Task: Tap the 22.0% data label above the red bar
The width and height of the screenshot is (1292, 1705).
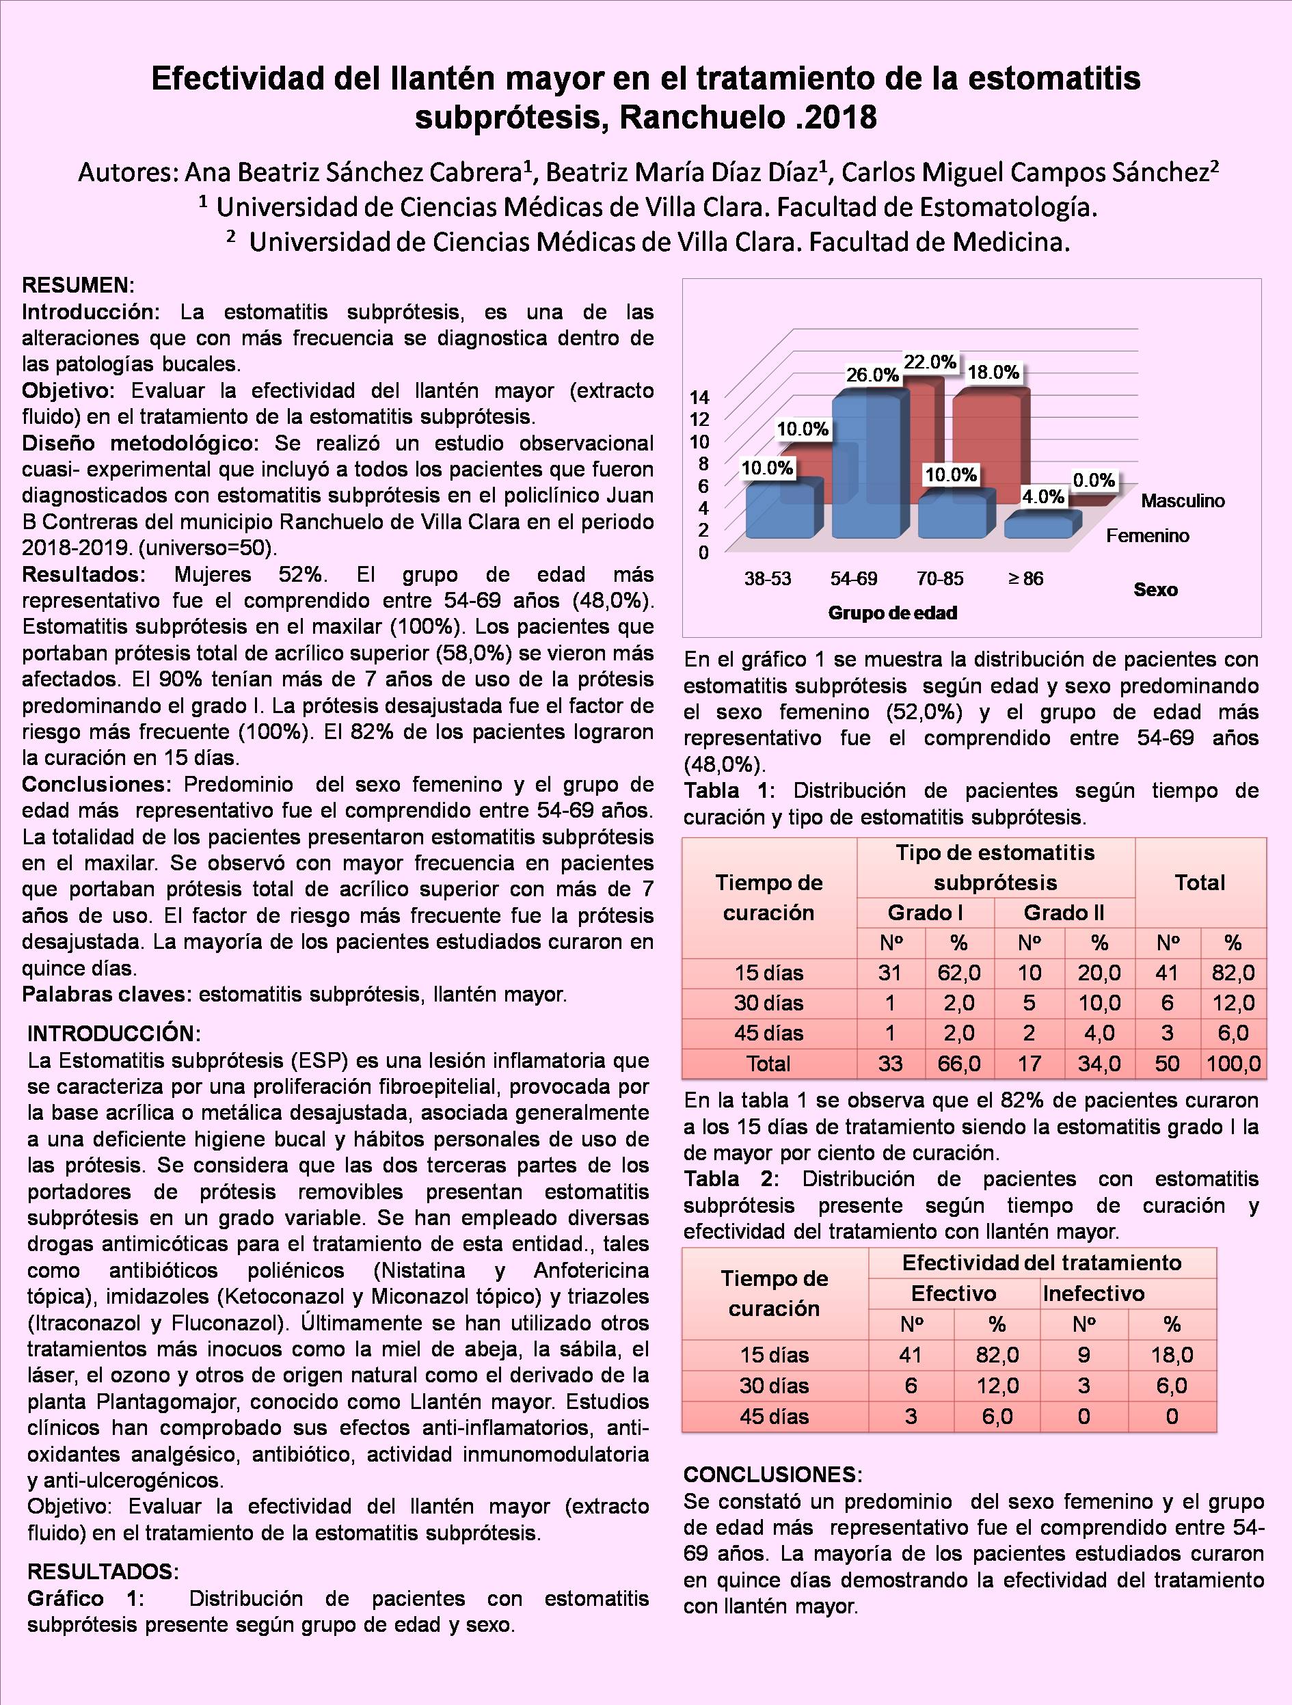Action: pos(930,362)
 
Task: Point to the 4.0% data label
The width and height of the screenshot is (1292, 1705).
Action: pos(1043,496)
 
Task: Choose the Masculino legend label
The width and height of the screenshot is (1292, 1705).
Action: pos(1183,501)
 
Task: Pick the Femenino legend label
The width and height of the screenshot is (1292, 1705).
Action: pos(1147,536)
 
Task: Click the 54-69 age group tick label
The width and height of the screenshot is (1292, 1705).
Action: pos(853,579)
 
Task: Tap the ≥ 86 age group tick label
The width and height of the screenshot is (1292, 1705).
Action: pos(1025,579)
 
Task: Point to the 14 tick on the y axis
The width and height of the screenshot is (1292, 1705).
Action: pos(699,398)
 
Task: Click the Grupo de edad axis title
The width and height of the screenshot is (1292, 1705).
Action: pos(893,613)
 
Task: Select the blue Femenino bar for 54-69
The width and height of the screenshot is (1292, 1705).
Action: pos(865,470)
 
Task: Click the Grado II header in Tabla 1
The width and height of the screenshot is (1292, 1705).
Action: pos(1063,913)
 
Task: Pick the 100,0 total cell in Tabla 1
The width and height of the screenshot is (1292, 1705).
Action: pos(1233,1064)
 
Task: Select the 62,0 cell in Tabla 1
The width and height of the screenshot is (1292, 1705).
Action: pos(959,974)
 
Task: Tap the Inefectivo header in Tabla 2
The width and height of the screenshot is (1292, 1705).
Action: pos(1093,1293)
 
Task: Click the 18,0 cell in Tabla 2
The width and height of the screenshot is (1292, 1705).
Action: pos(1172,1354)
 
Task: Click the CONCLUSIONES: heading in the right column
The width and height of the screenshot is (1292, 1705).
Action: pos(772,1475)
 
